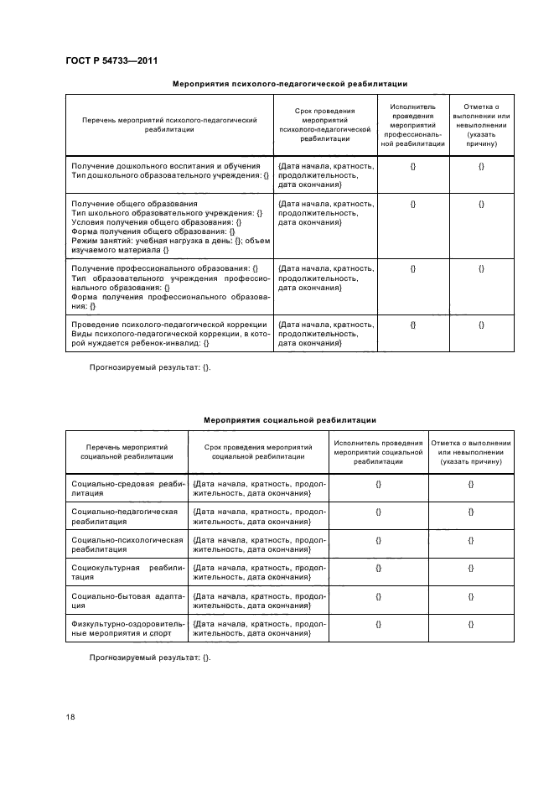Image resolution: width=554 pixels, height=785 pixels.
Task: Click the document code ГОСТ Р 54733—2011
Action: pyautogui.click(x=111, y=60)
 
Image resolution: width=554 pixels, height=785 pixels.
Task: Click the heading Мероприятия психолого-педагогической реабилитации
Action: pyautogui.click(x=290, y=84)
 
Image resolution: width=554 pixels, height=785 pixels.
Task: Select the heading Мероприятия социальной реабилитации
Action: pyautogui.click(x=290, y=419)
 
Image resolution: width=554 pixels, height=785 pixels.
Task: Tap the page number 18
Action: pyautogui.click(x=70, y=716)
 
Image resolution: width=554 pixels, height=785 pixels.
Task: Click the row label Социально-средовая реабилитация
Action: pyautogui.click(x=127, y=489)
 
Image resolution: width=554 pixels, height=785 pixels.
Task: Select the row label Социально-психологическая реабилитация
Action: pyautogui.click(x=127, y=544)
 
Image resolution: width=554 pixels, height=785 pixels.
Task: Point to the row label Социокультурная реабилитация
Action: pyautogui.click(x=127, y=573)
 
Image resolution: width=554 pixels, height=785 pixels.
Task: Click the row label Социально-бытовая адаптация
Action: pyautogui.click(x=127, y=600)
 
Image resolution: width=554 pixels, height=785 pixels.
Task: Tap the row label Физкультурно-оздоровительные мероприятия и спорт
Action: pyautogui.click(x=127, y=629)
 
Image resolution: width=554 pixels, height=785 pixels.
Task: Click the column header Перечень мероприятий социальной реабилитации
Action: pyautogui.click(x=127, y=452)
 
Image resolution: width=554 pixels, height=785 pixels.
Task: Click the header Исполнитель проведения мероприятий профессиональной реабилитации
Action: pyautogui.click(x=413, y=126)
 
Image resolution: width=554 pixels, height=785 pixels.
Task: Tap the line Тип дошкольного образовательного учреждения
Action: pyautogui.click(x=170, y=175)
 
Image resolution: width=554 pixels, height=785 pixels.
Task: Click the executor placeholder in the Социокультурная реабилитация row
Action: pyautogui.click(x=378, y=568)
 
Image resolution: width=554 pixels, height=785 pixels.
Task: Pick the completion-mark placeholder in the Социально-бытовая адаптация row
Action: pyautogui.click(x=470, y=596)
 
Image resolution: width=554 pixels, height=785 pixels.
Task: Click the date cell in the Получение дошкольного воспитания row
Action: pyautogui.click(x=326, y=175)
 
